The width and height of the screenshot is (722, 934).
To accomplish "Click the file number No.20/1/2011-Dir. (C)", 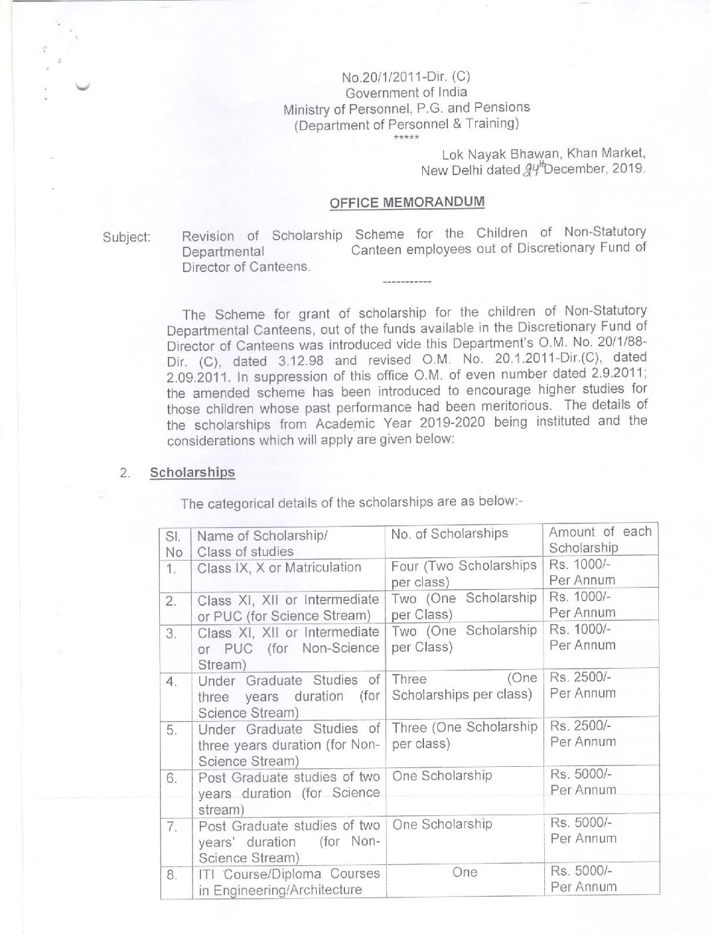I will coord(406,76).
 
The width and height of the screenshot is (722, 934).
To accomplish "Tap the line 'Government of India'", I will coord(406,92).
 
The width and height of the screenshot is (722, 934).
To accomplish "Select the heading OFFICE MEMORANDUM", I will coord(407,202).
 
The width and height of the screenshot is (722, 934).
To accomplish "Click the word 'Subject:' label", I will coord(127,237).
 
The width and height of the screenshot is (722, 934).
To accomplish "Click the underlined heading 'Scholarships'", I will coord(192,472).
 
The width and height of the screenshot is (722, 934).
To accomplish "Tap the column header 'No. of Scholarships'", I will coord(449,533).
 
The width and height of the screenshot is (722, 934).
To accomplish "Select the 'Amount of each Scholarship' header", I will coord(600,539).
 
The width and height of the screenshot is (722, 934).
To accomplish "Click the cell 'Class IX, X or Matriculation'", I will coord(279,568).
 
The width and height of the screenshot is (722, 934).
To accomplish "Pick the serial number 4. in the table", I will coord(171,681).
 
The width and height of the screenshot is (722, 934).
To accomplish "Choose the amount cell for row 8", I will coord(583,878).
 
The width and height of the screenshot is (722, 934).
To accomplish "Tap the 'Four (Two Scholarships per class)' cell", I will coord(463,574).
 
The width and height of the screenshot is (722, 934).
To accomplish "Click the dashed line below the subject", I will coord(407,283).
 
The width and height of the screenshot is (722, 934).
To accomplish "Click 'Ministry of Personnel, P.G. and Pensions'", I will coord(407,107).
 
